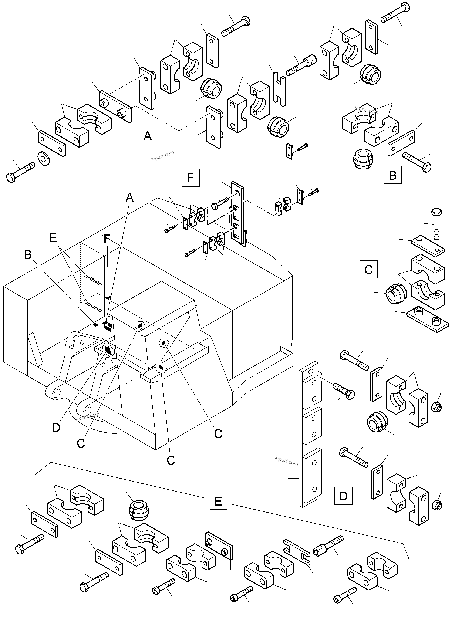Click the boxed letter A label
pos(148,136)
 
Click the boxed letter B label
pos(392,175)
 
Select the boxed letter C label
pos(368,270)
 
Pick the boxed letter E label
pos(218,501)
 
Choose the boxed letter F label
pos(190,178)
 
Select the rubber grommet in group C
pos(396,294)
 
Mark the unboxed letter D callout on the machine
pos(56,427)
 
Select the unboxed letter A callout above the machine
pos(129,198)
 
